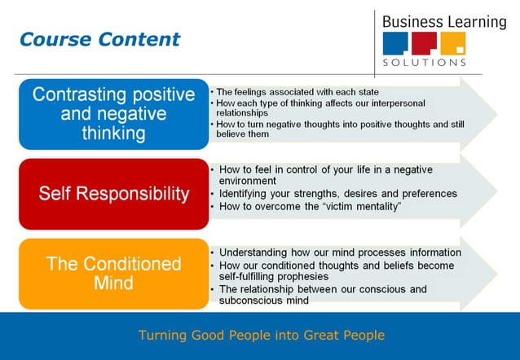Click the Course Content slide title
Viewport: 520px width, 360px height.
pos(99,39)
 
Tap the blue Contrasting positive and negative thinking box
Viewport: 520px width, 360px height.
pos(113,114)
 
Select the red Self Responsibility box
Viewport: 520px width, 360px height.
pos(113,194)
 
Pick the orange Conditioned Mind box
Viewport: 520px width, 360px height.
pos(113,274)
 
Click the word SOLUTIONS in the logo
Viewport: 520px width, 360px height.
pos(425,62)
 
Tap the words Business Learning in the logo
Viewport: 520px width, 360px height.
pos(443,21)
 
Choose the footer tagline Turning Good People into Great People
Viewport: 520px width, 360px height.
pos(261,335)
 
